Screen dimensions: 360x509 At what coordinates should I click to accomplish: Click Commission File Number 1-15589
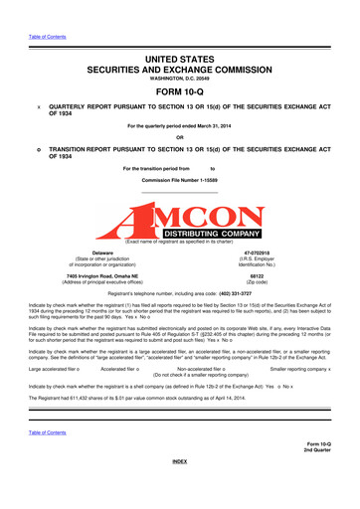180,192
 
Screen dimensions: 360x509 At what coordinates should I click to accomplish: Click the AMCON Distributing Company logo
180,224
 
